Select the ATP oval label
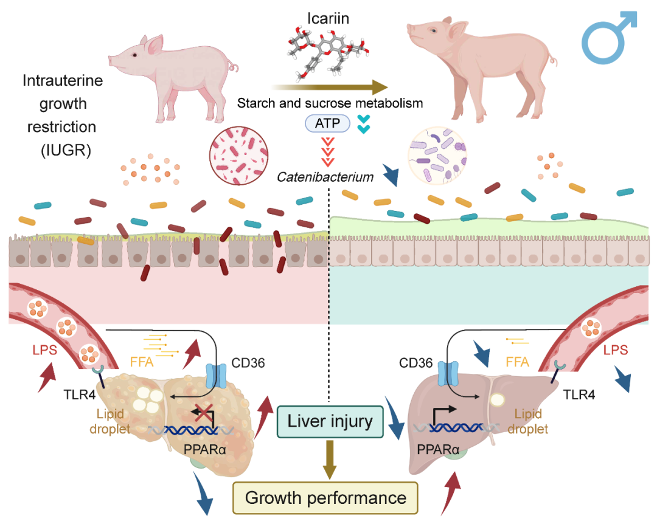[328, 124]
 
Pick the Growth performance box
[325, 498]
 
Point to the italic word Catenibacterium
[325, 177]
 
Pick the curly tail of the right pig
[553, 59]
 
